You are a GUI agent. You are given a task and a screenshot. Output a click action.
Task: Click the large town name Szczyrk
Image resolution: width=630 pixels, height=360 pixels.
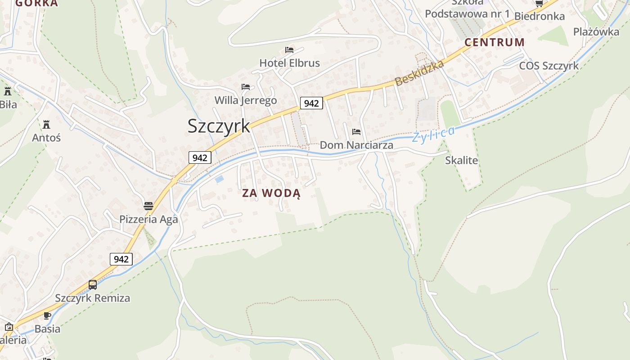coord(219,126)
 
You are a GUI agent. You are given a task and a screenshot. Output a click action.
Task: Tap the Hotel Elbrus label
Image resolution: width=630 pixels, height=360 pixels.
coord(289,63)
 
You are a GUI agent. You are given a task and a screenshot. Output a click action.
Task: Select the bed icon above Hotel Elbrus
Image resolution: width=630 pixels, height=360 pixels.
coord(289,49)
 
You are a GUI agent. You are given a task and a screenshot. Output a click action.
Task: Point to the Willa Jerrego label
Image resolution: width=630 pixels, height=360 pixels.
coord(245,100)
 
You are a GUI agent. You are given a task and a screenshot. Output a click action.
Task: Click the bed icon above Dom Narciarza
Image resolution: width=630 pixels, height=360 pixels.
coord(356,132)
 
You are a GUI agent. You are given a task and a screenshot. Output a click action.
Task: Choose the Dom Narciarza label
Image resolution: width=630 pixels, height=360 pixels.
coord(356,145)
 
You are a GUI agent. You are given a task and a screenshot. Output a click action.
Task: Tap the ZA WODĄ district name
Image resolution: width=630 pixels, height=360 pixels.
coord(271,193)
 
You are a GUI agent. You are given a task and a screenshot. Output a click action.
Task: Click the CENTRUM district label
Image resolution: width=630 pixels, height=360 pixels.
coord(495,42)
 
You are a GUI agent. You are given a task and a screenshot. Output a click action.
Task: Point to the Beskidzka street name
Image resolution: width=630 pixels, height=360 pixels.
coord(419,73)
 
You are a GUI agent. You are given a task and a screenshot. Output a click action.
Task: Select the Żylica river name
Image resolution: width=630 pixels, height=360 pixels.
coord(434,134)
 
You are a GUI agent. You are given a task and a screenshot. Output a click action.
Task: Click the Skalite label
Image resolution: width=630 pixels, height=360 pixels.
coord(461,160)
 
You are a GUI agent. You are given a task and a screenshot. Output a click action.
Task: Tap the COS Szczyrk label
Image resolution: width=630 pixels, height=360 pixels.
coord(549,66)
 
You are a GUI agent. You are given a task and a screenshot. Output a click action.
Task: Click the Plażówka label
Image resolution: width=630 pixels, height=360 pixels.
coord(596,31)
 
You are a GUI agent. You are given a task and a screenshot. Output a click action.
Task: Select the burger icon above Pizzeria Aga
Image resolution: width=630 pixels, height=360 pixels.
coord(148,207)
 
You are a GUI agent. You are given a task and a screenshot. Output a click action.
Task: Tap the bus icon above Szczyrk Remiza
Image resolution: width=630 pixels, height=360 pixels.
coord(93,285)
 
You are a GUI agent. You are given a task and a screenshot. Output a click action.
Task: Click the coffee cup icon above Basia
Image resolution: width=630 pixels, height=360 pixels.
coord(47,315)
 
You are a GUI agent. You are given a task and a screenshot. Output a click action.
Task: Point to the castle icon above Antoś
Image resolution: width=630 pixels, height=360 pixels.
coord(46,124)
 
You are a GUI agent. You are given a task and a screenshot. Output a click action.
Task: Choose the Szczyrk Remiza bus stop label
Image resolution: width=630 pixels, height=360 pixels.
coord(92,298)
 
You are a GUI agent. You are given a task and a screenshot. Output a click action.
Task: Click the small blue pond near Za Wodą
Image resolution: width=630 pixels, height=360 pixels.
coord(219,179)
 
